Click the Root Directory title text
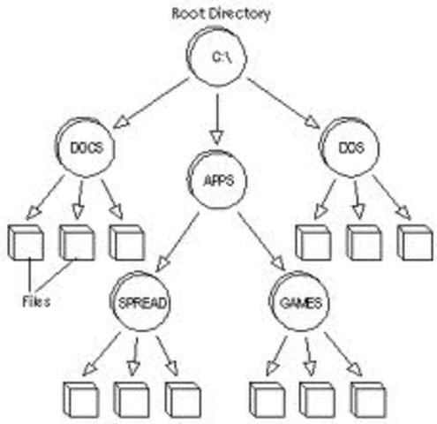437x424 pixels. pyautogui.click(x=221, y=13)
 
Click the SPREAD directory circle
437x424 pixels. pyautogui.click(x=142, y=303)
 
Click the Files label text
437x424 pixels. pyautogui.click(x=35, y=301)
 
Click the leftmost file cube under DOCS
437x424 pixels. pyautogui.click(x=26, y=242)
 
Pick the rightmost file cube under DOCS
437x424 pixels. pyautogui.click(x=128, y=242)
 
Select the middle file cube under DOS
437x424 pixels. pyautogui.click(x=363, y=242)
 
